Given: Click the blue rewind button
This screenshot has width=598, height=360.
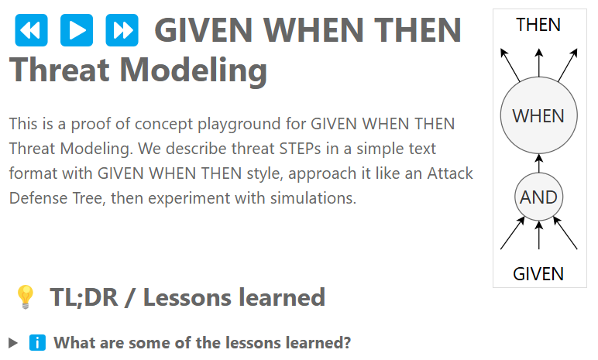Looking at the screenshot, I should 31,31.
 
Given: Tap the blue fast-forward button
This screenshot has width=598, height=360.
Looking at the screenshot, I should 122,31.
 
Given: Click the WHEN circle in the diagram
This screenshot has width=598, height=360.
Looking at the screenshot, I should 538,116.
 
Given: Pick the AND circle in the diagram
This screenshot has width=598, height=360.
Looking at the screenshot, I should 538,197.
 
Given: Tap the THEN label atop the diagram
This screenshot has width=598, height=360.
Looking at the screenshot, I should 538,25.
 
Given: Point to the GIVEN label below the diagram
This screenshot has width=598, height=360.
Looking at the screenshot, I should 538,273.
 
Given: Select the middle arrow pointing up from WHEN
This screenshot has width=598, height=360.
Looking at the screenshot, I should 538,62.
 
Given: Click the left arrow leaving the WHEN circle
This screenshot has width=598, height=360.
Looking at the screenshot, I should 510,64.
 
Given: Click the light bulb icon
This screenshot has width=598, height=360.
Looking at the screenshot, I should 26,297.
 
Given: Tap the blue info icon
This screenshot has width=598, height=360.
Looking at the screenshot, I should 37,342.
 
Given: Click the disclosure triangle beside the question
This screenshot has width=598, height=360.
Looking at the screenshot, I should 13,342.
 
